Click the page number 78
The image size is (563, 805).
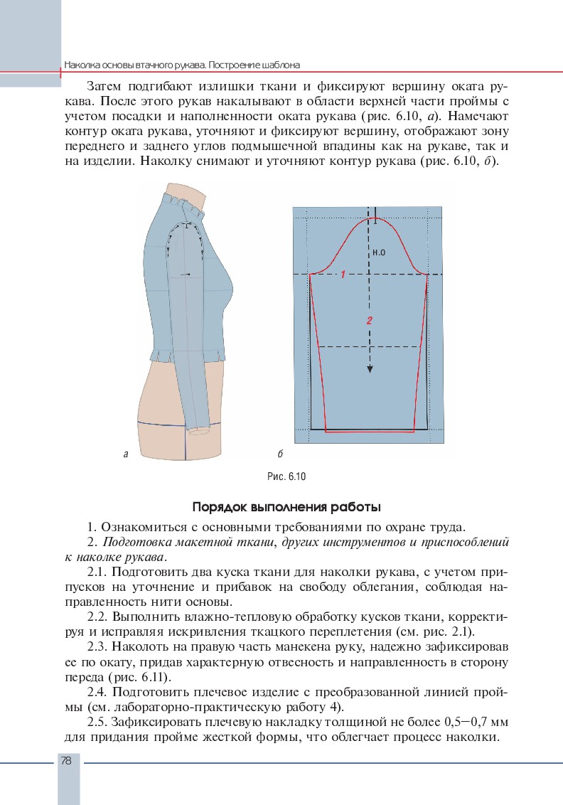66,760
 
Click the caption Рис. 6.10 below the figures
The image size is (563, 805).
284,476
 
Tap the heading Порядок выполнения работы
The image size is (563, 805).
286,508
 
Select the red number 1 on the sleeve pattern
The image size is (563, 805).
343,274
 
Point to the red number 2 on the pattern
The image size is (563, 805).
370,321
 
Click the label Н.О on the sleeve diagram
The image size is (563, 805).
378,252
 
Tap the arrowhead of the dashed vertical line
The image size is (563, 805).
370,368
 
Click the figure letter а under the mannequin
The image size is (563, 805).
125,453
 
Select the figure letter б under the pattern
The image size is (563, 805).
281,453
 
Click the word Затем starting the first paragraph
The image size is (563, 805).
109,86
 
